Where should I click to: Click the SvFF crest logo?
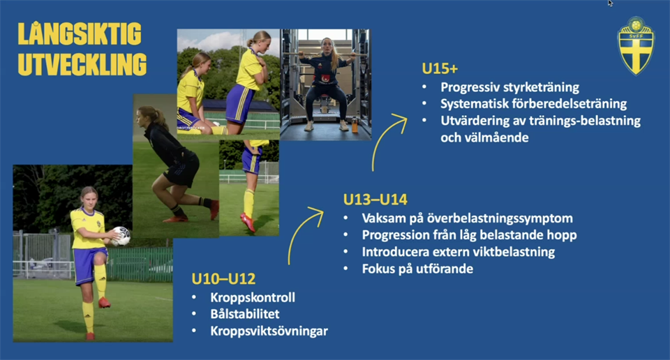click(x=636, y=45)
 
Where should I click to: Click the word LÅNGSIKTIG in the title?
click(x=80, y=33)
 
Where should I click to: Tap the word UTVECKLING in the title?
click(x=82, y=64)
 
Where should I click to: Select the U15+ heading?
click(x=440, y=68)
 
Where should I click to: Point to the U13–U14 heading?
click(x=375, y=200)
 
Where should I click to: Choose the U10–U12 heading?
click(x=223, y=279)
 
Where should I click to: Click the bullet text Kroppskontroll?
click(x=253, y=298)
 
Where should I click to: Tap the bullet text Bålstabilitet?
click(x=245, y=314)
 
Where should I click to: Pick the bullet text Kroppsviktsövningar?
click(x=269, y=331)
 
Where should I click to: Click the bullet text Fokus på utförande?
click(x=417, y=269)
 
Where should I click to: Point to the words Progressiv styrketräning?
click(x=509, y=87)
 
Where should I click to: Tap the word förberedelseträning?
click(x=569, y=104)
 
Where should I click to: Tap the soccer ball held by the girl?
click(x=121, y=236)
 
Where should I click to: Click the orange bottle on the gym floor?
click(x=355, y=125)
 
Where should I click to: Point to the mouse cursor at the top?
click(x=610, y=3)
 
